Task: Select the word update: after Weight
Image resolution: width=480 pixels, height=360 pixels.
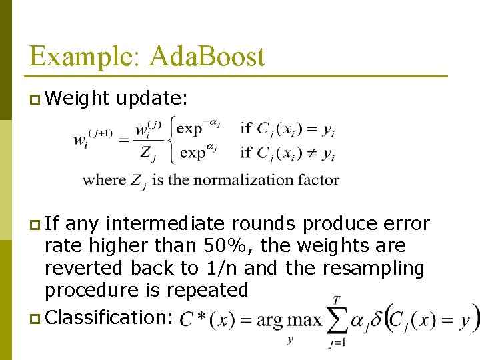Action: (x=152, y=99)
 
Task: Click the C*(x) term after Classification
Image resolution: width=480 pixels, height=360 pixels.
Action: (x=205, y=320)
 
